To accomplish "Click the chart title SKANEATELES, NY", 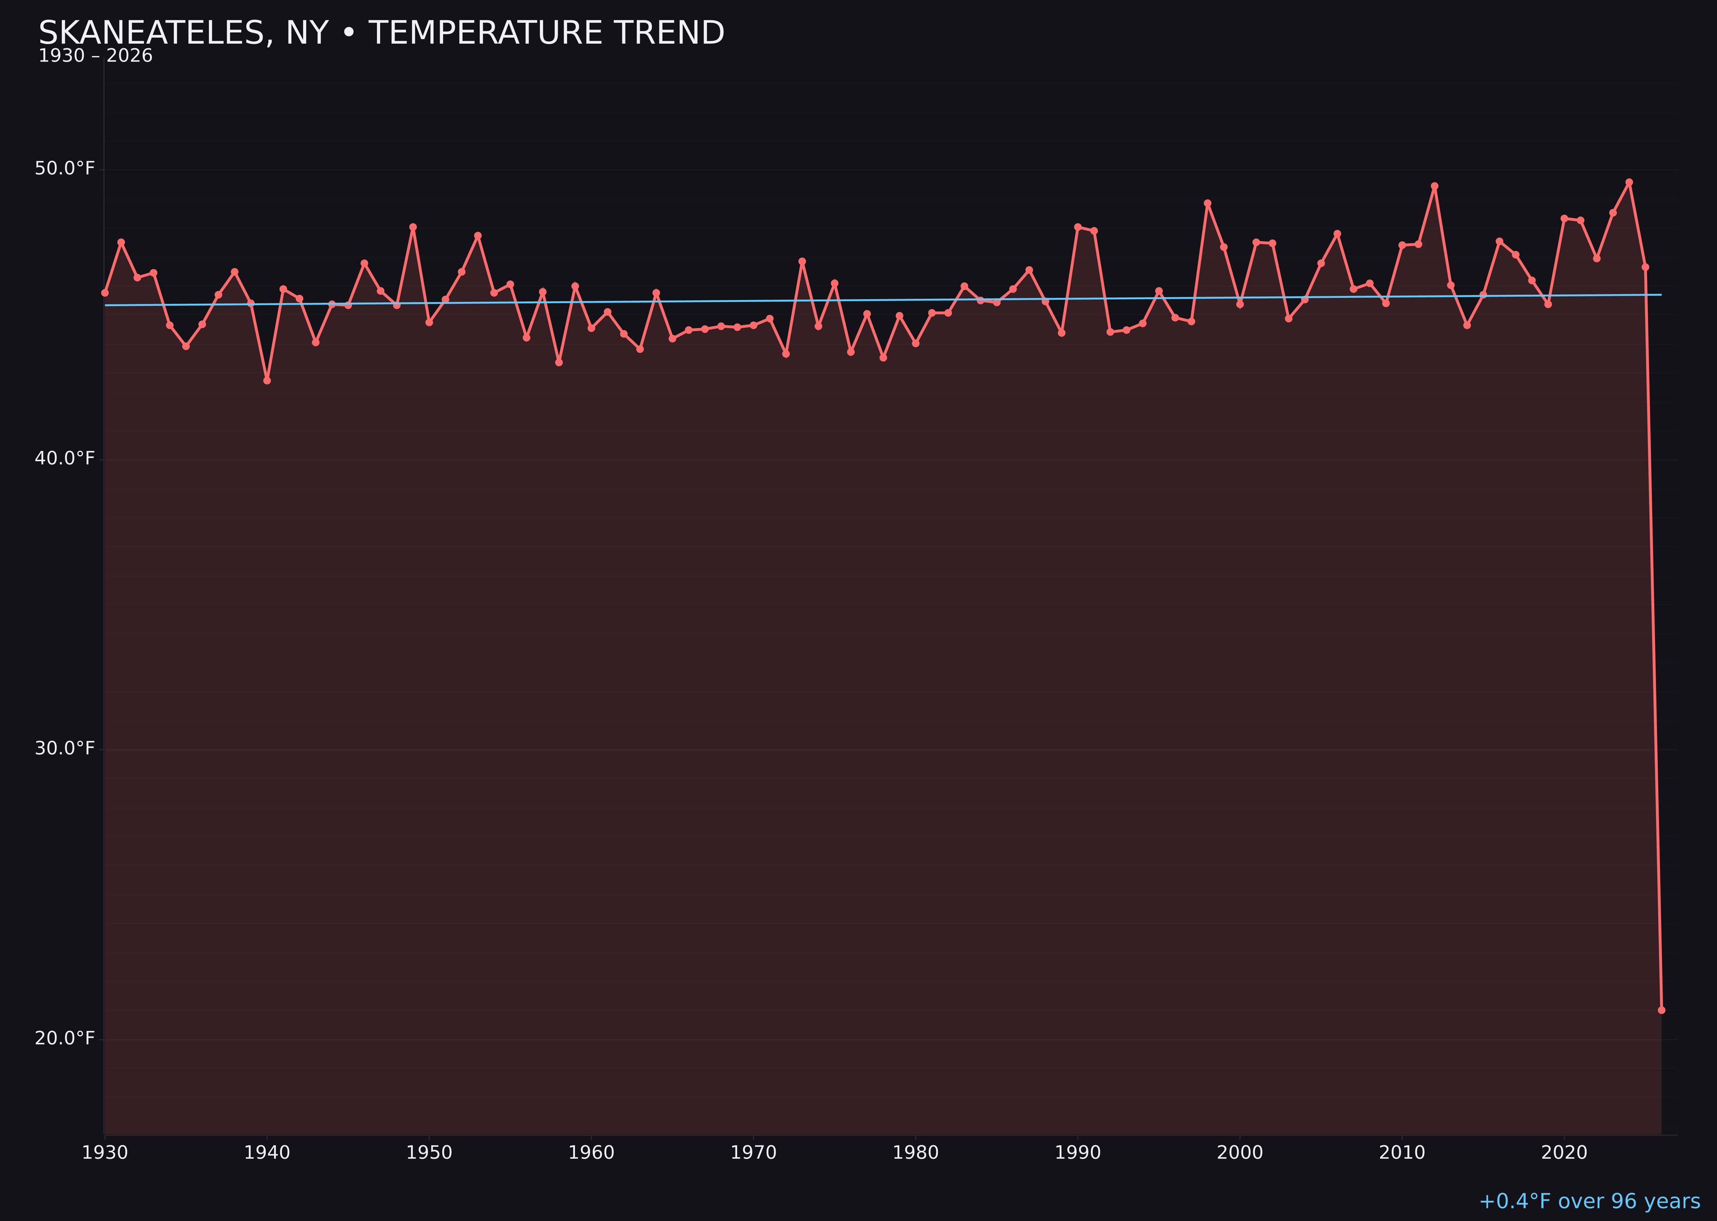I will pyautogui.click(x=381, y=33).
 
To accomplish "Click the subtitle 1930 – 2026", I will pyautogui.click(x=95, y=56).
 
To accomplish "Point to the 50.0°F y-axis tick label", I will pyautogui.click(x=65, y=168).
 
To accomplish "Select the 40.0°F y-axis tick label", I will pyautogui.click(x=65, y=459).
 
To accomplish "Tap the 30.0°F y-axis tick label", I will pyautogui.click(x=65, y=749).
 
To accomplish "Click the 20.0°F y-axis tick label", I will pyautogui.click(x=65, y=1038).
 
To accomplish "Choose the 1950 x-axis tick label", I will pyautogui.click(x=429, y=1153).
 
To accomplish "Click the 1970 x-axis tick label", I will pyautogui.click(x=753, y=1153).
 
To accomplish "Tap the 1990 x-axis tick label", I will pyautogui.click(x=1077, y=1153).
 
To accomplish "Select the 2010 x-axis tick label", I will pyautogui.click(x=1402, y=1153).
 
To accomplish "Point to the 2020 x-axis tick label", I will pyautogui.click(x=1564, y=1153).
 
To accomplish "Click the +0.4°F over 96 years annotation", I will pyautogui.click(x=1589, y=1201).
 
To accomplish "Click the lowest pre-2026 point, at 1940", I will pyautogui.click(x=267, y=380).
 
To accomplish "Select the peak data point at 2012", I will pyautogui.click(x=1435, y=186).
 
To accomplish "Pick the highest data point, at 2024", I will pyautogui.click(x=1629, y=182).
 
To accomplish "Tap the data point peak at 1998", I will pyautogui.click(x=1207, y=203).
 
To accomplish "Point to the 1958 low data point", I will pyautogui.click(x=558, y=362).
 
